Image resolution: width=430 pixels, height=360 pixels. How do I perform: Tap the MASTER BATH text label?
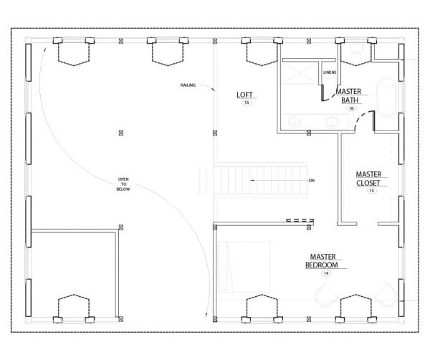(x=350, y=96)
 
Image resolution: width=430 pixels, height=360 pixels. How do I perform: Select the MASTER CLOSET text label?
(x=371, y=178)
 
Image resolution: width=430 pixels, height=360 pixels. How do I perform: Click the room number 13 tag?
(x=247, y=104)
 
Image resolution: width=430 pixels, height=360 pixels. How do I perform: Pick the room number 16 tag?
(x=351, y=108)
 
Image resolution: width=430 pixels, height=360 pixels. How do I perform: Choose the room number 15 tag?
(x=371, y=191)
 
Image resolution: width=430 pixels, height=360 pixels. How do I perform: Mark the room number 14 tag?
(x=326, y=274)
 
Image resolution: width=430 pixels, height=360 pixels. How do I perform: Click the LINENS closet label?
(x=329, y=72)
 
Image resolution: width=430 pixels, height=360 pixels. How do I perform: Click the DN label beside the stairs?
(x=312, y=180)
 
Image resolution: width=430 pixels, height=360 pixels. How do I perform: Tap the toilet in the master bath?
(x=355, y=51)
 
